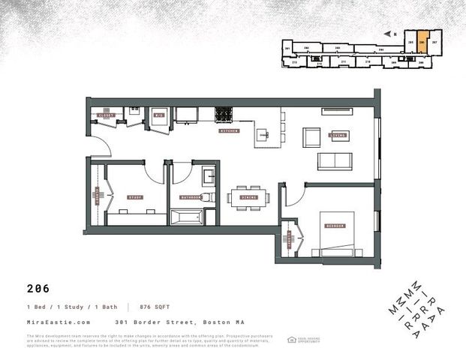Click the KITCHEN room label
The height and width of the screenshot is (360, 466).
(229, 130)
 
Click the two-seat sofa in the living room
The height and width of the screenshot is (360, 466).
(335, 160)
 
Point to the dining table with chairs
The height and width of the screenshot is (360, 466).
(248, 197)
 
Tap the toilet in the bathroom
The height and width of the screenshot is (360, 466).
(210, 197)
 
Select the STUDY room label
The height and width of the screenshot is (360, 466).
(135, 197)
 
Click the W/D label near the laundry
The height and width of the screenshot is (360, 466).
(158, 116)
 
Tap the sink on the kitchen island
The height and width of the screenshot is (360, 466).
(263, 135)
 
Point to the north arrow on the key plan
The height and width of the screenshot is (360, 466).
(386, 33)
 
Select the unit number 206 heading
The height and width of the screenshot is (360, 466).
(38, 287)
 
